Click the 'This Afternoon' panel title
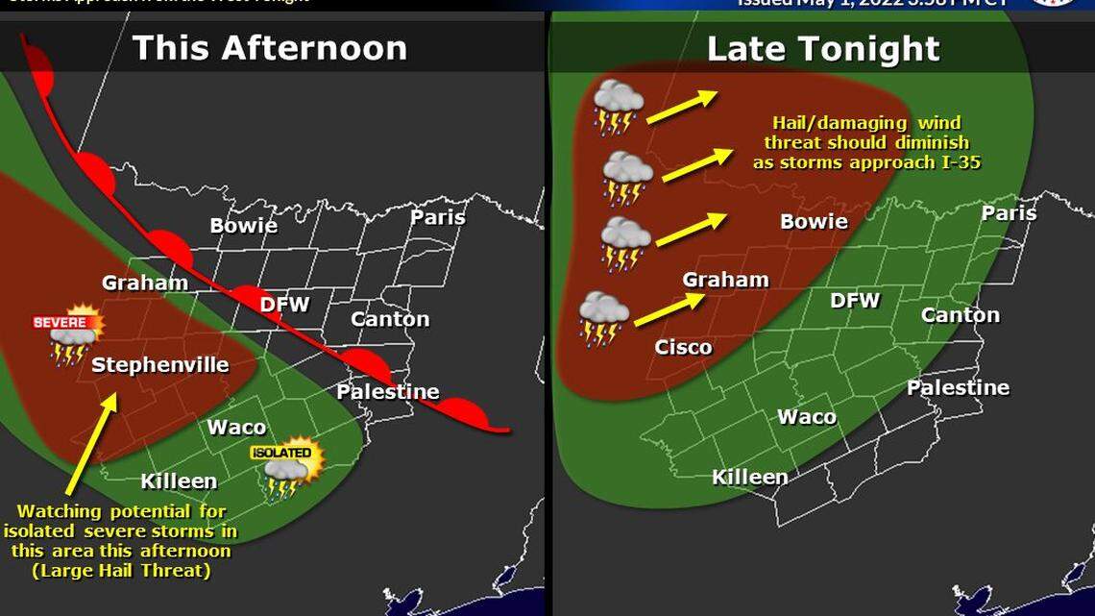[x=270, y=48]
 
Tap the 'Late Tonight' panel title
[x=823, y=49]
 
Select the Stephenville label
[x=160, y=365]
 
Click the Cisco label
[x=683, y=347]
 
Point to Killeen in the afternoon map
[x=179, y=481]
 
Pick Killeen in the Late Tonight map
[x=749, y=477]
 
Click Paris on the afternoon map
[x=438, y=216]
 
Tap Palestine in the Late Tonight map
[x=958, y=387]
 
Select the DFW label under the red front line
[x=285, y=305]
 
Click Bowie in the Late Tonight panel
[x=814, y=222]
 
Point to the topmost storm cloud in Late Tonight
[x=619, y=106]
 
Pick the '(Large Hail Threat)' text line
[x=120, y=571]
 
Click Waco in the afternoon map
[x=237, y=428]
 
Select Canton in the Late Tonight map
[x=960, y=314]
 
